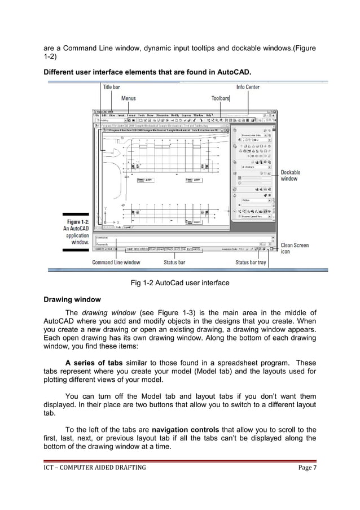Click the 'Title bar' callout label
pyautogui.click(x=111, y=87)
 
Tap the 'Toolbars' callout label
pyautogui.click(x=220, y=98)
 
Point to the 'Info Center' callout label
pyautogui.click(x=248, y=87)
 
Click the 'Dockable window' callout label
pyautogui.click(x=291, y=176)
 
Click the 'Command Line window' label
pyautogui.click(x=116, y=263)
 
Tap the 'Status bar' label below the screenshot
pyautogui.click(x=174, y=263)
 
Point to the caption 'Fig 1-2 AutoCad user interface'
pyautogui.click(x=179, y=282)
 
